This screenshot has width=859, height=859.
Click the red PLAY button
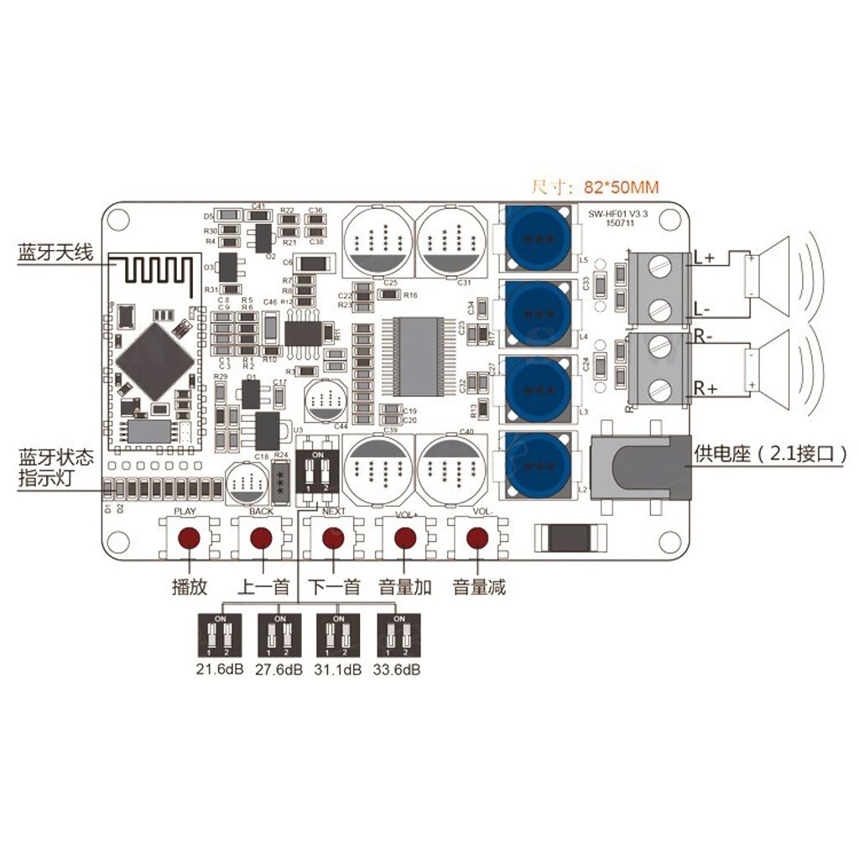[x=191, y=538]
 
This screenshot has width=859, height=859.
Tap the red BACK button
[x=262, y=538]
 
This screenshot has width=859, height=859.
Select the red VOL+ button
[x=405, y=538]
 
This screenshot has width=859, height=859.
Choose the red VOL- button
[x=476, y=538]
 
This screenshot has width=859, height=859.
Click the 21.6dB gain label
[x=219, y=670]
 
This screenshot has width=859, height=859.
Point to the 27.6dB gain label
[x=279, y=670]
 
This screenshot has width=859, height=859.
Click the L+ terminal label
[x=703, y=258]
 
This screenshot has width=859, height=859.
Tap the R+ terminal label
[x=703, y=388]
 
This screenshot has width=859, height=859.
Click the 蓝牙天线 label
[x=55, y=254]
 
